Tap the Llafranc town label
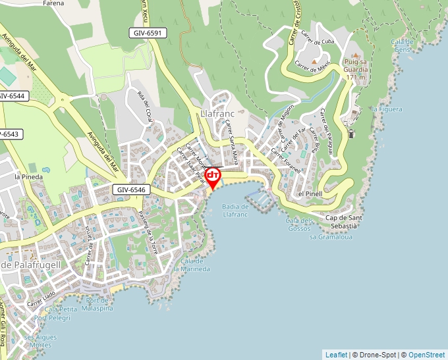point(217,115)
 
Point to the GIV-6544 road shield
point(12,96)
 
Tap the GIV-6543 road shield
point(9,134)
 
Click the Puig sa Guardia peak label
point(354,69)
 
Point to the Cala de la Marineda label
point(191,265)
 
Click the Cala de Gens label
point(401,45)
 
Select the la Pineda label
point(28,177)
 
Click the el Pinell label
point(309,194)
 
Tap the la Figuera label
point(386,109)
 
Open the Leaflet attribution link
point(336,355)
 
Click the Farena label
point(53,3)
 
